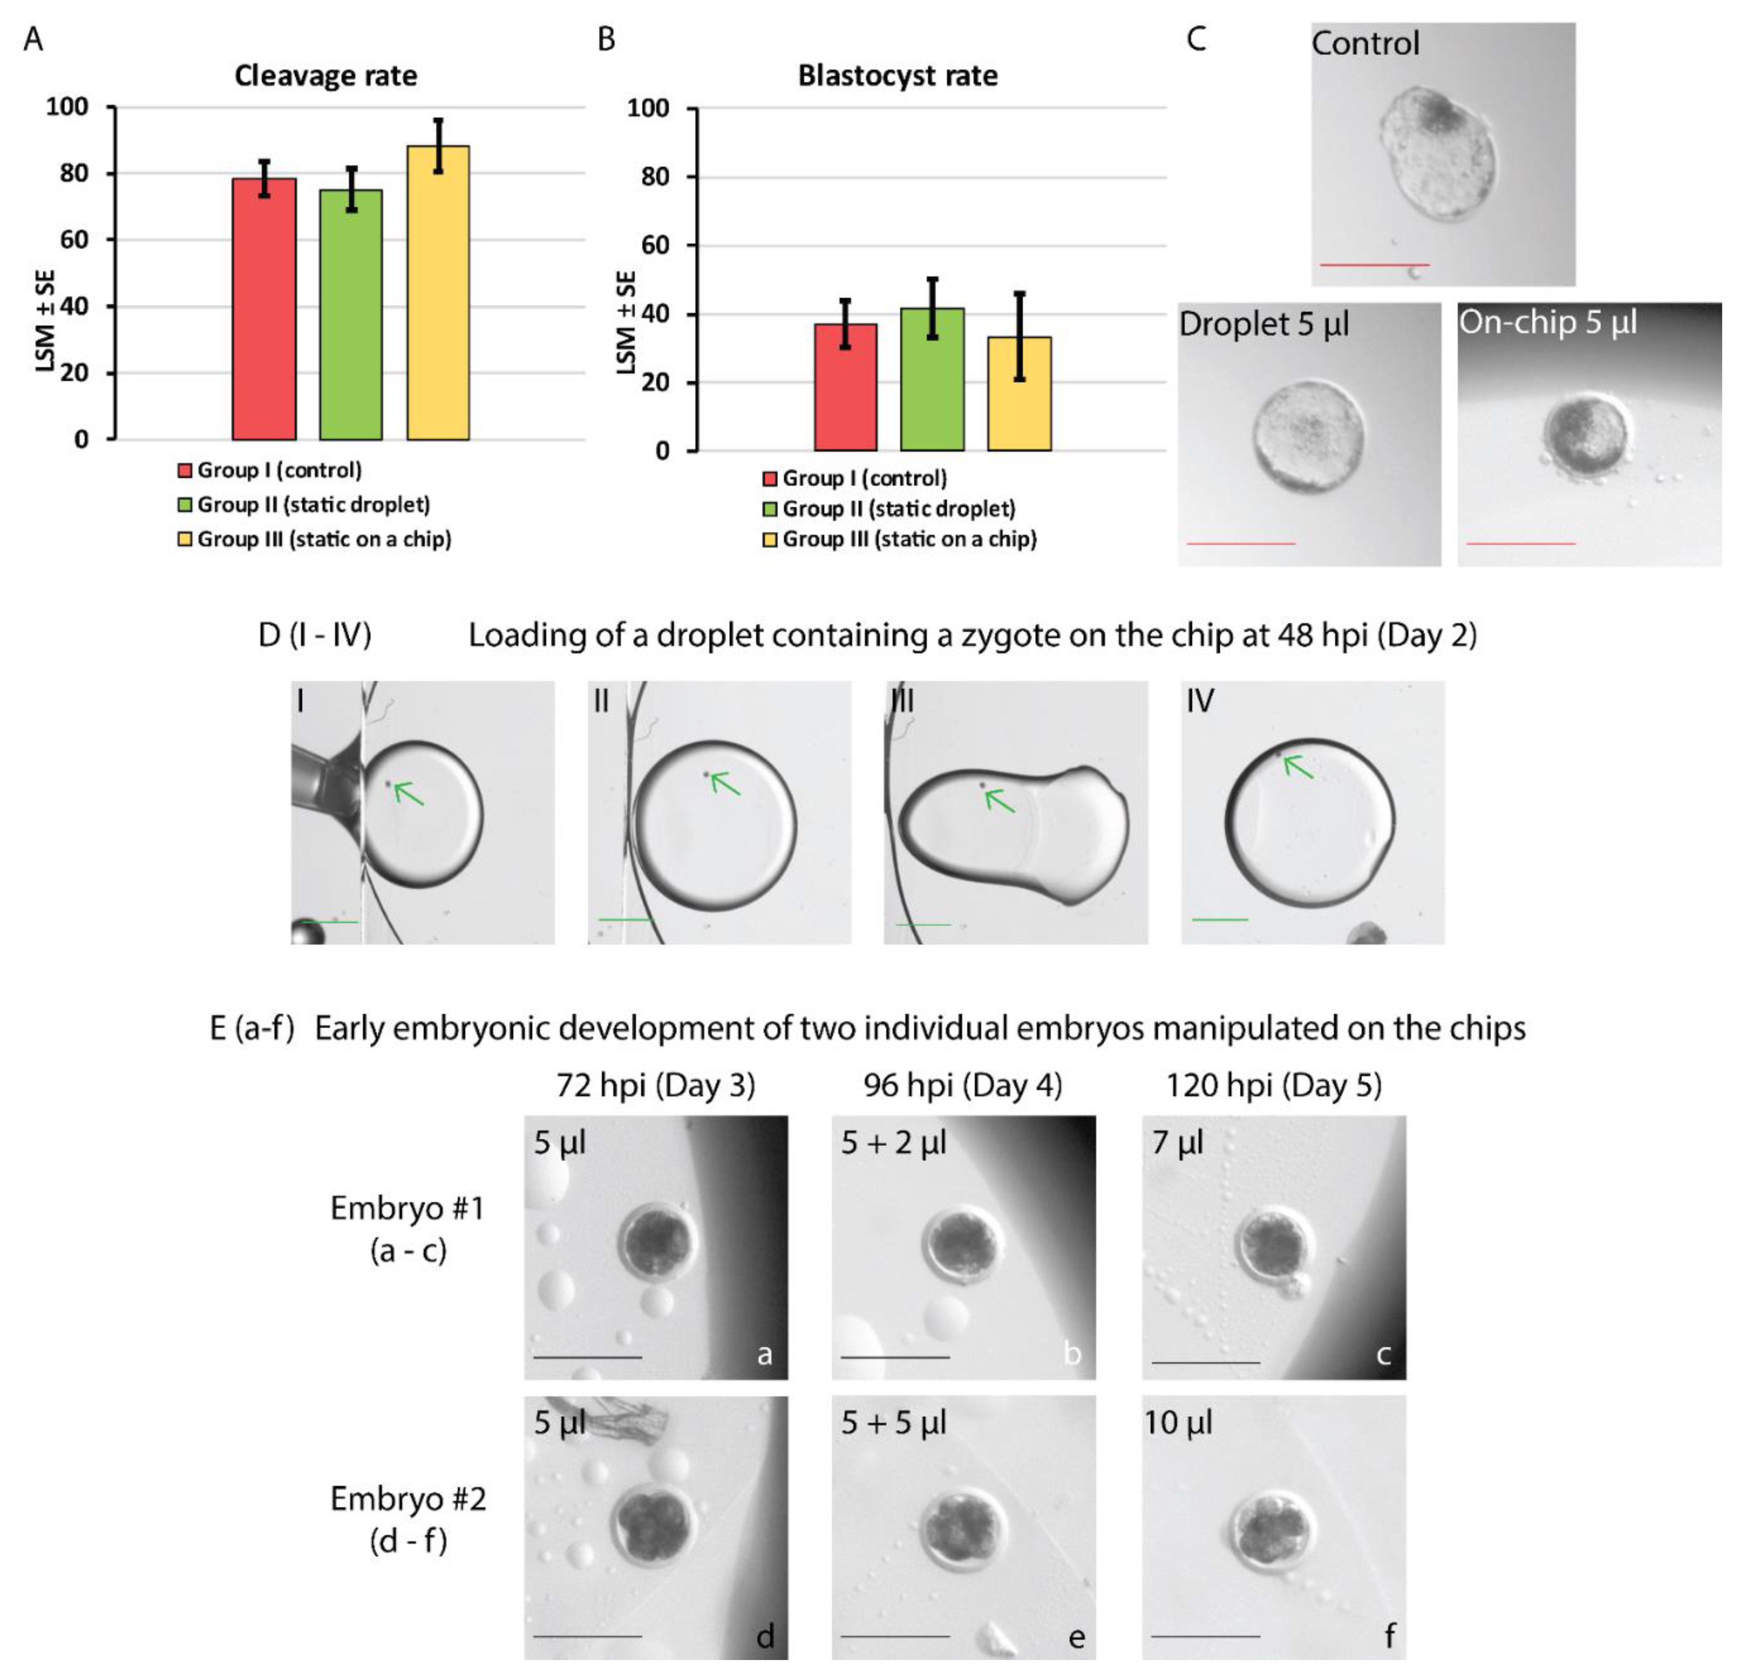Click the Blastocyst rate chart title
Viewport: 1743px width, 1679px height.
click(x=897, y=75)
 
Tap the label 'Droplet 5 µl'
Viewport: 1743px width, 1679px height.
click(x=1264, y=325)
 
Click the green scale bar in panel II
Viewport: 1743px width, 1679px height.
click(x=625, y=918)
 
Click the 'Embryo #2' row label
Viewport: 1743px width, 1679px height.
click(x=408, y=1499)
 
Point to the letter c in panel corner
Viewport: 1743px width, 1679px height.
click(x=1383, y=1355)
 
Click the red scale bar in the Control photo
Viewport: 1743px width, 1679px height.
click(x=1374, y=265)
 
